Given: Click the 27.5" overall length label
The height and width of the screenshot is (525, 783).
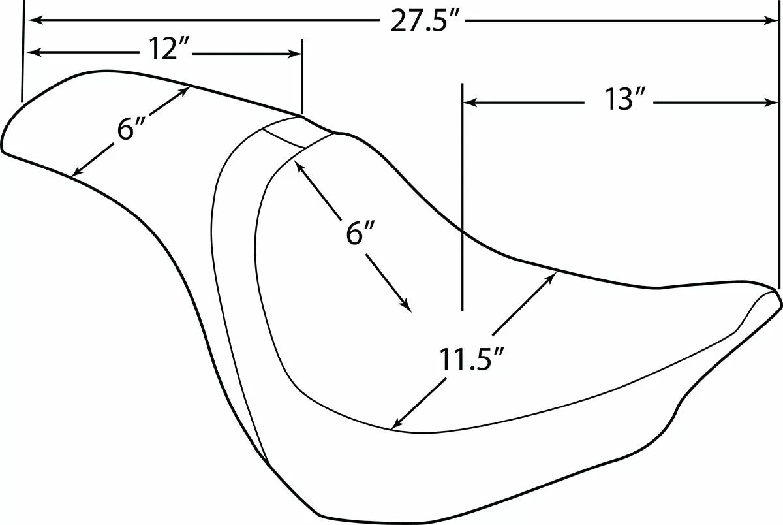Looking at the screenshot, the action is [x=423, y=21].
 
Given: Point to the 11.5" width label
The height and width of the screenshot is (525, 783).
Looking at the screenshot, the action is [x=471, y=360].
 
